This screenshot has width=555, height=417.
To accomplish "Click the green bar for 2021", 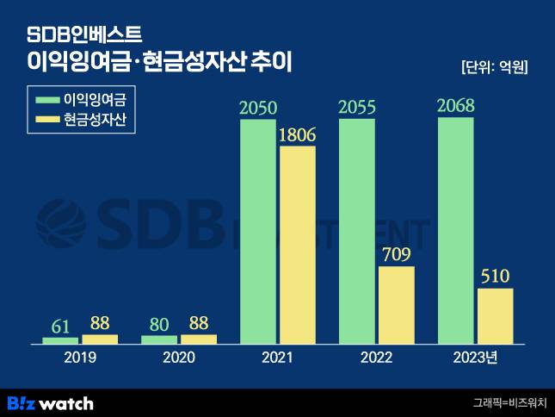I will point(258,232).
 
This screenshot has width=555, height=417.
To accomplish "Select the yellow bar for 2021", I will point(298,246).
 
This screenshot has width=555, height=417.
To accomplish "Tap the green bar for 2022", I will point(357,232).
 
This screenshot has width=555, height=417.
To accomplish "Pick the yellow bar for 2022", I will point(397,305).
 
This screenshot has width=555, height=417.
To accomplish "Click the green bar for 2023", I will point(456,231).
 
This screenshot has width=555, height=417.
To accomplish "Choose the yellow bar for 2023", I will point(496,316).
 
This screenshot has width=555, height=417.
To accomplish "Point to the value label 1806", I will point(298,134).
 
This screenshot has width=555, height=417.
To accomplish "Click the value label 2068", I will point(456,107).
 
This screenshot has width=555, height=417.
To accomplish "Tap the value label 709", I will point(397,254).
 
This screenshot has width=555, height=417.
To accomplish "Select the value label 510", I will point(496,277).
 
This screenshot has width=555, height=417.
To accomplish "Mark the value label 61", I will point(61,326).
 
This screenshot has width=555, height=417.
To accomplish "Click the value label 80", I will point(159,326).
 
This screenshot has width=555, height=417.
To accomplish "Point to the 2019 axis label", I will point(80,358).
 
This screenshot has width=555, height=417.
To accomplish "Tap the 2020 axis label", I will point(178,358).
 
